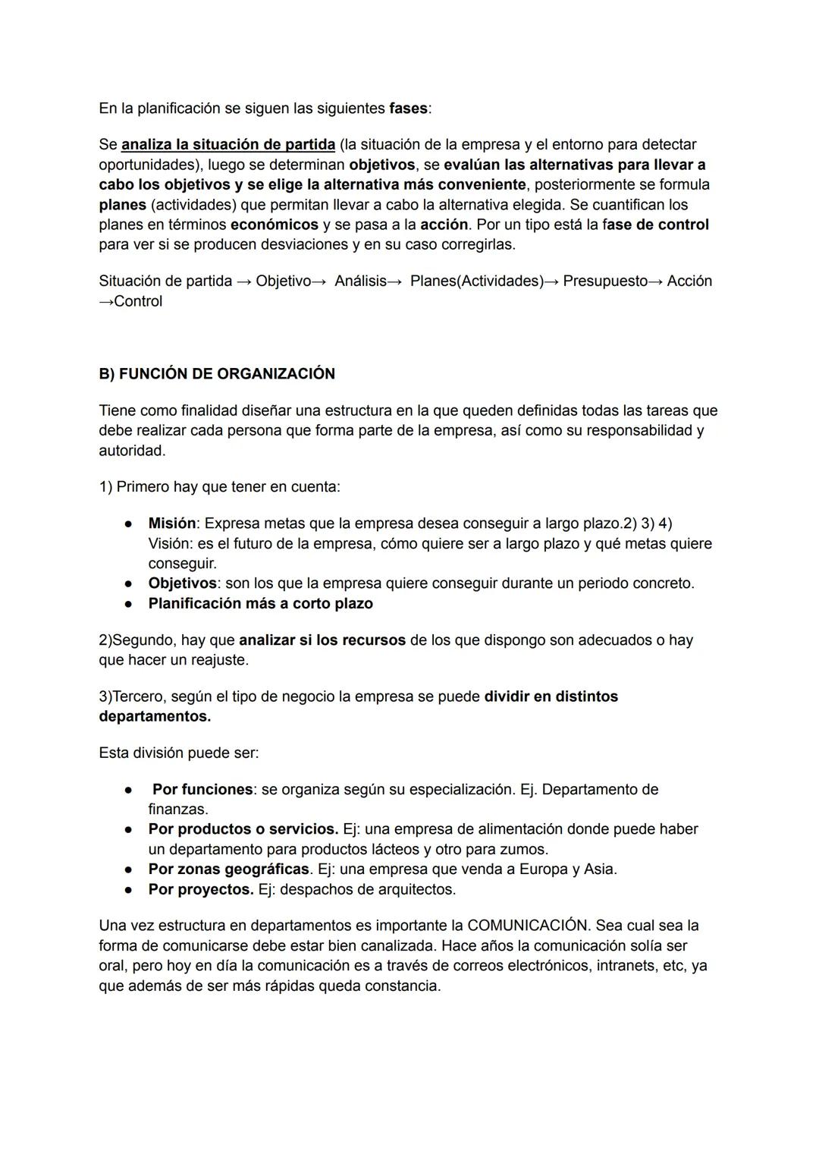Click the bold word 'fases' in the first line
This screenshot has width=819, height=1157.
tap(408, 108)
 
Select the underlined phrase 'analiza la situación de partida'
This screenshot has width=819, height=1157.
tap(227, 144)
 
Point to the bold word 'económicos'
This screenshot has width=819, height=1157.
tap(274, 225)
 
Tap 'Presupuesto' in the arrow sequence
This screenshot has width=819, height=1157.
tap(605, 281)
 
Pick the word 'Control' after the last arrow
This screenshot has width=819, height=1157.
tap(138, 301)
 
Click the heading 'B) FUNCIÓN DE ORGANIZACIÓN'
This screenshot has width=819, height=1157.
tap(217, 374)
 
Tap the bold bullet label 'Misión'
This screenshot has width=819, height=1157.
tap(171, 523)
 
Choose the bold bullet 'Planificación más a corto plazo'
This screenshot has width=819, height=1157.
tap(260, 604)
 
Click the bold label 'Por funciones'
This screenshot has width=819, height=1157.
tap(202, 790)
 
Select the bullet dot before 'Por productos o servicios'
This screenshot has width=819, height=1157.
tap(130, 829)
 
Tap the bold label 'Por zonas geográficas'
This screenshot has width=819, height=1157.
tap(228, 869)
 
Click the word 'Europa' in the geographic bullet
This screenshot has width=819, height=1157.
tap(543, 869)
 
